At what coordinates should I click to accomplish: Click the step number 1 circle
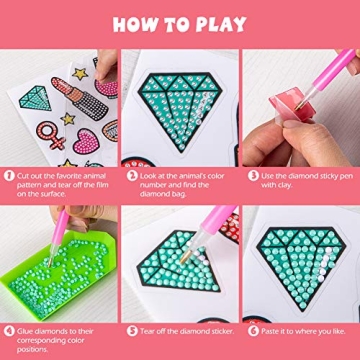8,173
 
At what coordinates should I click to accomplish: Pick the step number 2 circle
129,173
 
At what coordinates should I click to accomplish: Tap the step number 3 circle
249,173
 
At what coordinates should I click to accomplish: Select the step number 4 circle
8,327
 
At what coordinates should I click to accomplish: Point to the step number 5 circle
129,327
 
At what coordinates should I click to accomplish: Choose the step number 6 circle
249,327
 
